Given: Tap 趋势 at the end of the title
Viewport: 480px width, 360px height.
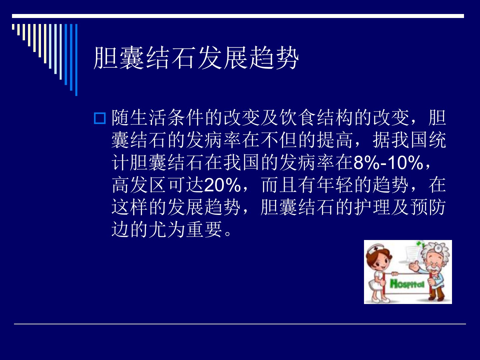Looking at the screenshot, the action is click(x=274, y=58).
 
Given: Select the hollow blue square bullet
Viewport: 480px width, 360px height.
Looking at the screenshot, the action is click(x=100, y=118).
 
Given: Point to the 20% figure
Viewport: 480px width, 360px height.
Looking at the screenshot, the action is click(x=222, y=185).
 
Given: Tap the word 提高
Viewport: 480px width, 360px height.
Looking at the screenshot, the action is click(x=335, y=140).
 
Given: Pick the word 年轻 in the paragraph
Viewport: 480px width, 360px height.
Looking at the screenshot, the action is click(x=335, y=185).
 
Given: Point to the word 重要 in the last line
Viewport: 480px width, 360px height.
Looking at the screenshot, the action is click(x=204, y=230).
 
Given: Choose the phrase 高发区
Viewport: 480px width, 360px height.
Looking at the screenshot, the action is click(x=139, y=185).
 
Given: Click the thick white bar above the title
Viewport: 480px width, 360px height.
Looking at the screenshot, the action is click(x=238, y=16).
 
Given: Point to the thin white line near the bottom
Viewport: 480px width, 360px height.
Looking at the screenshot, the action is click(x=240, y=324).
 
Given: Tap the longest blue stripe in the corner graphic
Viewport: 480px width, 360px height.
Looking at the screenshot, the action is click(x=76, y=60).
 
